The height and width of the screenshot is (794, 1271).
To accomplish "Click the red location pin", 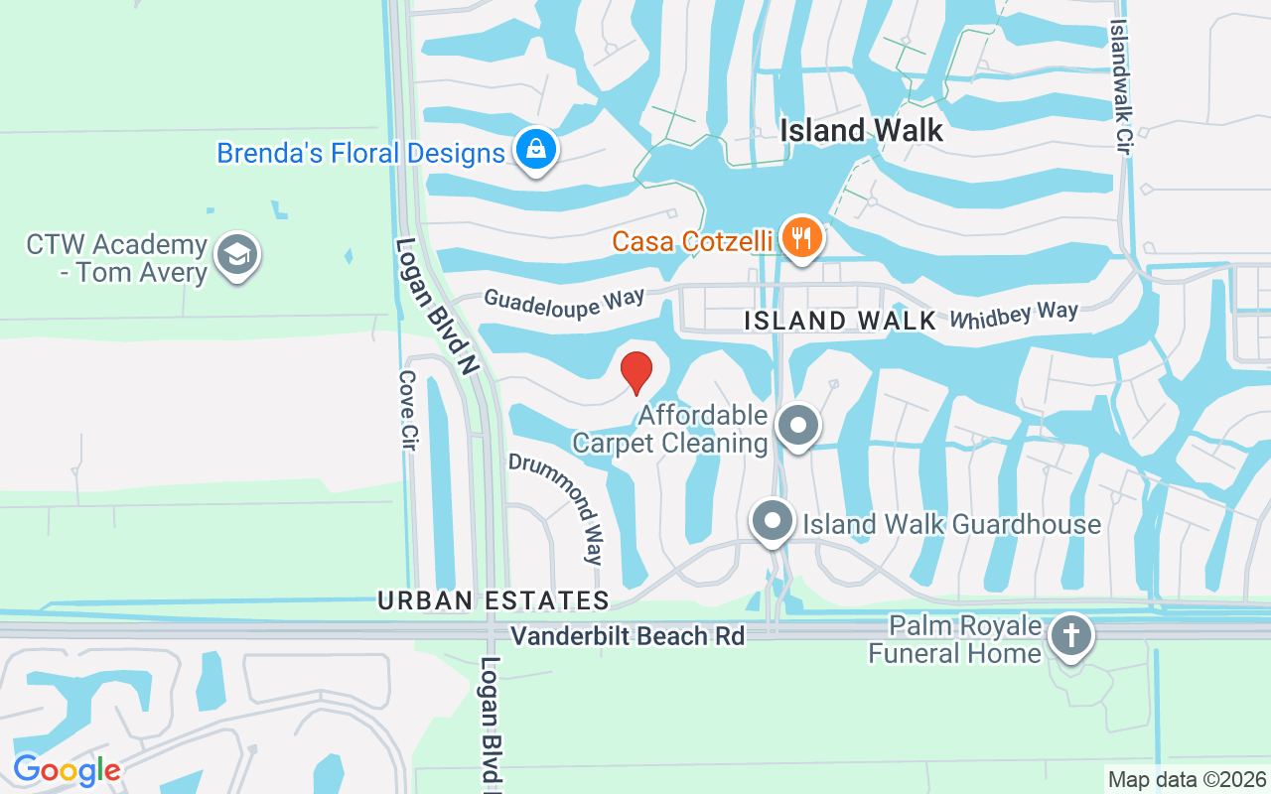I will pyautogui.click(x=636, y=372).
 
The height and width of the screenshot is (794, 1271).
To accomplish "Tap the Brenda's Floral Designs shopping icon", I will pyautogui.click(x=536, y=150).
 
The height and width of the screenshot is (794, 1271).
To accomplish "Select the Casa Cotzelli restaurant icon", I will pyautogui.click(x=801, y=237).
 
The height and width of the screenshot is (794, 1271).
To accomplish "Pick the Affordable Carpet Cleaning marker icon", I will pyautogui.click(x=796, y=426).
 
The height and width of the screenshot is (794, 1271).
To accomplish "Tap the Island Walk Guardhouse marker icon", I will pyautogui.click(x=772, y=521).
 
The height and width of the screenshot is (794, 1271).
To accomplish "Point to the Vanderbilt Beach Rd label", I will pyautogui.click(x=628, y=636).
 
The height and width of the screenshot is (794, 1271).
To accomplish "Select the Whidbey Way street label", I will pyautogui.click(x=1013, y=315).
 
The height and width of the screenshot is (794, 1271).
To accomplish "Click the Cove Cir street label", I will pyautogui.click(x=406, y=410).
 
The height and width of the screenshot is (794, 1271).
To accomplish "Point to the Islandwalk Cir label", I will pyautogui.click(x=1121, y=86).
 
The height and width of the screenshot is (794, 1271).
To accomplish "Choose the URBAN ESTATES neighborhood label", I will pyautogui.click(x=493, y=600).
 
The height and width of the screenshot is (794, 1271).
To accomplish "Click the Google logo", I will pyautogui.click(x=67, y=769).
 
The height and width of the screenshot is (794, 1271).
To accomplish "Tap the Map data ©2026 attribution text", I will pyautogui.click(x=1187, y=779).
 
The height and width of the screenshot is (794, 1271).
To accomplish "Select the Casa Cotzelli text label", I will pyautogui.click(x=692, y=241).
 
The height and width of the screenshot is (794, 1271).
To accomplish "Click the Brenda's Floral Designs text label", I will pyautogui.click(x=360, y=154).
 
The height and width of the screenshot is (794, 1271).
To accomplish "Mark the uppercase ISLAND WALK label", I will pyautogui.click(x=840, y=321).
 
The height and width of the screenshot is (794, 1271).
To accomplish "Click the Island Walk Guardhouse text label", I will pyautogui.click(x=951, y=524).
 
